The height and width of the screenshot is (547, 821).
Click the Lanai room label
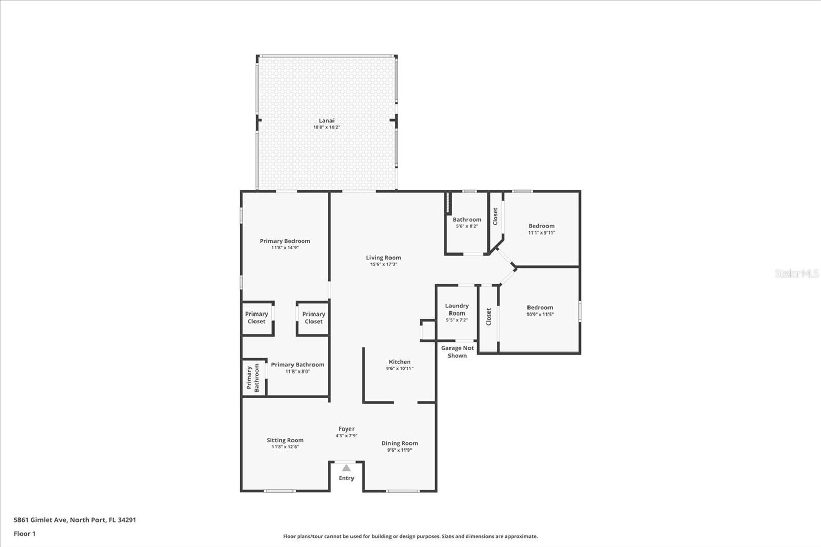coord(326,120)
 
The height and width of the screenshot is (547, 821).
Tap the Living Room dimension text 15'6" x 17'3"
coord(383,264)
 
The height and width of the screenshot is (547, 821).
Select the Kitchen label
coord(400,362)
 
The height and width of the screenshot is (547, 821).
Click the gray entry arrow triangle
coord(346,468)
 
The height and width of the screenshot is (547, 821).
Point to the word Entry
coord(346,478)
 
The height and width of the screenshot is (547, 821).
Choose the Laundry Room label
coord(457,309)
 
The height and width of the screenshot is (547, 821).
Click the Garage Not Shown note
coord(457,351)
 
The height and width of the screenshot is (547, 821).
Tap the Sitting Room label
coord(285,440)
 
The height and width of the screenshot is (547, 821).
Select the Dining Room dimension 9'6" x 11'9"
coord(400,450)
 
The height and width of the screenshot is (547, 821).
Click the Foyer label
coord(346,429)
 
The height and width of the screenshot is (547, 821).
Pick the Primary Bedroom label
coord(285,241)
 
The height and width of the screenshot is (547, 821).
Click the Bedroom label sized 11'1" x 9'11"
coord(541,226)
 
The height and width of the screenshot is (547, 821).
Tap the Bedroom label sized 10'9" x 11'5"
coord(540,307)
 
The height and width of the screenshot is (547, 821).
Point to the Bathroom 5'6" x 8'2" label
coord(467,220)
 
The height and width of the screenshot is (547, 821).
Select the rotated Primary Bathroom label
coord(253,378)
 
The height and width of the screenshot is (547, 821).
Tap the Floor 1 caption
coord(25,534)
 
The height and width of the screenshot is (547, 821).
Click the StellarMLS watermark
coord(797,273)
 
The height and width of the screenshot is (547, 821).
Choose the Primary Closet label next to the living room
coord(314,318)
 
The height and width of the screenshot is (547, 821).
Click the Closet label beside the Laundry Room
coord(488,317)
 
